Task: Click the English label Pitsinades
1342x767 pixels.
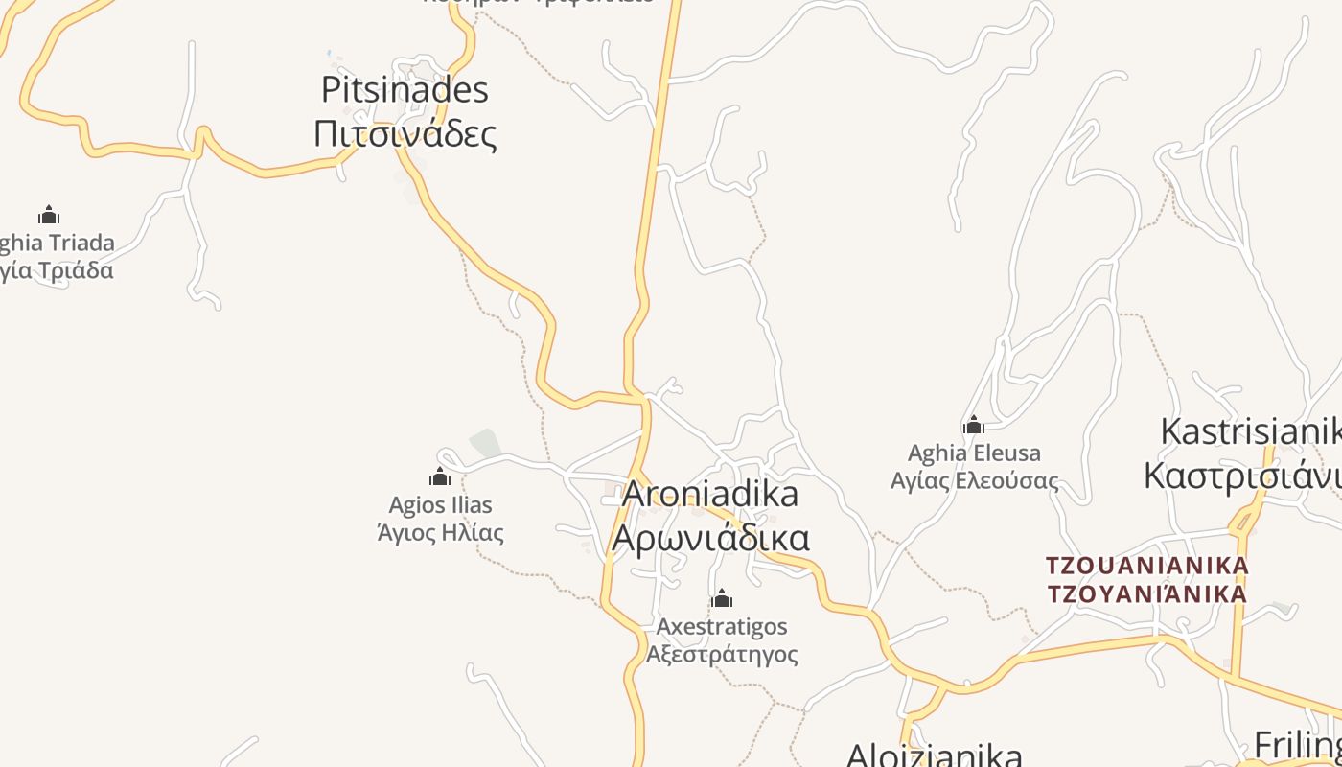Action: tap(405, 90)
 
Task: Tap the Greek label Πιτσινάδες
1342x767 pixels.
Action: tap(405, 133)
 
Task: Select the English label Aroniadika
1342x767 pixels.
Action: tap(709, 494)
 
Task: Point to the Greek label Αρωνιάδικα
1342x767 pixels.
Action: tap(709, 538)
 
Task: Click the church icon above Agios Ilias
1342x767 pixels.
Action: tap(440, 476)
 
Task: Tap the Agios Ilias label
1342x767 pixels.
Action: tap(440, 504)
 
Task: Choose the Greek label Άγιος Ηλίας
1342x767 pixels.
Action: tap(440, 531)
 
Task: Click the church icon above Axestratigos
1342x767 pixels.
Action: tap(722, 599)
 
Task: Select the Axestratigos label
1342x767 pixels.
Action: tap(722, 627)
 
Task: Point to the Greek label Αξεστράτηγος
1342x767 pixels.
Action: tap(722, 654)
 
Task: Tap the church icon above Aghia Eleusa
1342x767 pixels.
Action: tap(974, 425)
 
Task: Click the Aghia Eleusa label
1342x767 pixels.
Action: tap(974, 453)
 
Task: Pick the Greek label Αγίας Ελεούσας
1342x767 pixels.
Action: tap(974, 479)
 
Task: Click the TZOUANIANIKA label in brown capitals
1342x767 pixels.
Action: tap(1146, 566)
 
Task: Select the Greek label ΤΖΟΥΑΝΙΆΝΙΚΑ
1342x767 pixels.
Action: tap(1146, 594)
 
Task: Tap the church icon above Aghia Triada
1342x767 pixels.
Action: tap(49, 215)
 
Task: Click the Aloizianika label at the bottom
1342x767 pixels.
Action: tap(934, 754)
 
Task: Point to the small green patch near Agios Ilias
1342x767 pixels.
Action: tap(485, 444)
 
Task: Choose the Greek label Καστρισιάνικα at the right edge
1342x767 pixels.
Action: tap(1242, 476)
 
